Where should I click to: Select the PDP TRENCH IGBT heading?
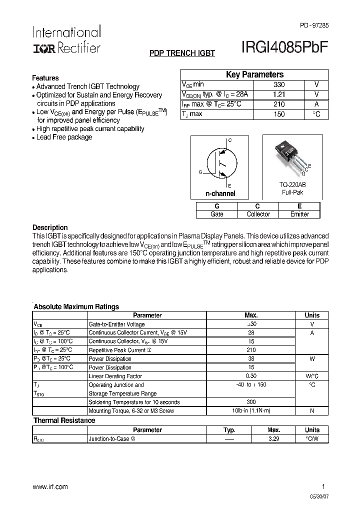pos(182,53)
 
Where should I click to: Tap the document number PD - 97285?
pos(314,25)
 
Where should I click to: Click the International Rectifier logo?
pos(66,39)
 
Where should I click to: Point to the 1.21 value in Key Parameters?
pos(278,94)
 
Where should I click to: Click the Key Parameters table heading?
pos(254,74)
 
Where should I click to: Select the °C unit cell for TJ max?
pos(316,114)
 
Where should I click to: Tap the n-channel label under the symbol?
pos(220,193)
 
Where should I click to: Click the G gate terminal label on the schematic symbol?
pos(200,172)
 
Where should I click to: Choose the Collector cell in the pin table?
pos(258,214)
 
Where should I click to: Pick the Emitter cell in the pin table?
pos(299,214)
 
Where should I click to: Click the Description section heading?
pos(50,227)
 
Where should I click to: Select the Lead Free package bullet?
pos(64,137)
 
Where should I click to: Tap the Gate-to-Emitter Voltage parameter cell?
pos(117,324)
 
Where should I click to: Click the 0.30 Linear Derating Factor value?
pos(251,376)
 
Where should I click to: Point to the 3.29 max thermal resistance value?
pos(273,439)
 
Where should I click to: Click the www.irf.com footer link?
pos(50,486)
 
